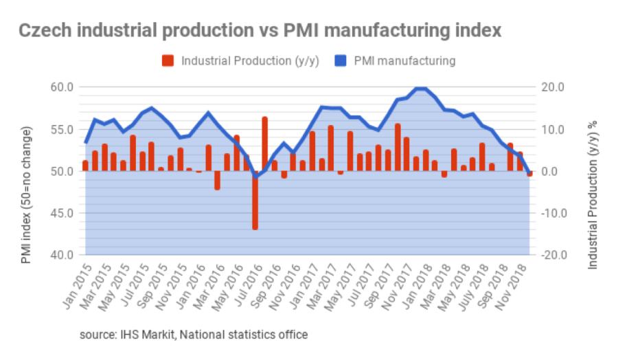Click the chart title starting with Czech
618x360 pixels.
pyautogui.click(x=260, y=31)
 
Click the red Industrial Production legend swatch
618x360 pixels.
pyautogui.click(x=168, y=60)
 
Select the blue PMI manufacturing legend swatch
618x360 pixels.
pyautogui.click(x=341, y=60)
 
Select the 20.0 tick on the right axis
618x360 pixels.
pyautogui.click(x=553, y=87)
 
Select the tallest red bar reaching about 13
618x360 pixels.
pyautogui.click(x=265, y=144)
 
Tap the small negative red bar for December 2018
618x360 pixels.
pyautogui.click(x=529, y=174)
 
